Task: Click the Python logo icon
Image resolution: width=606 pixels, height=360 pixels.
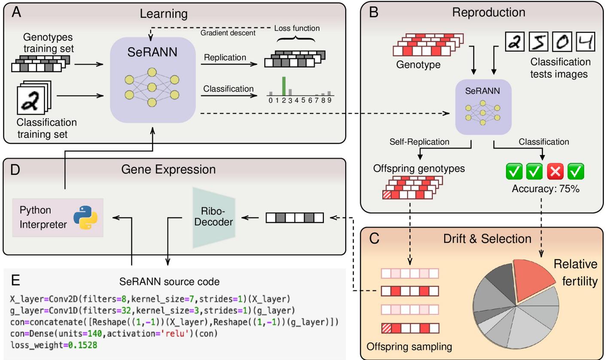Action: coord(85,217)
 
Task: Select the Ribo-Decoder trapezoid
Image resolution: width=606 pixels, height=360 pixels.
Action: coord(214,217)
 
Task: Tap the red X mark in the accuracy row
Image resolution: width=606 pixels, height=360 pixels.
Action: coord(555,172)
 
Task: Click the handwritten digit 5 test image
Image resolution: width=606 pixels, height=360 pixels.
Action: coord(539,43)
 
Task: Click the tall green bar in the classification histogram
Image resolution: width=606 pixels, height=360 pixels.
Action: coord(283,86)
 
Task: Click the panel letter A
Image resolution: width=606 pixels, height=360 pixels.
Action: coord(16,12)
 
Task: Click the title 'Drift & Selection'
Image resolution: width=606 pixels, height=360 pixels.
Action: coord(487,238)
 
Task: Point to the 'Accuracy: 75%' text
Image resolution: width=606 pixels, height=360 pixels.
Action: coord(545,188)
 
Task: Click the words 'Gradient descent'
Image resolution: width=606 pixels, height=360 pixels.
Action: coord(228,33)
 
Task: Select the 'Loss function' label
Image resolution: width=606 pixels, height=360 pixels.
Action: coord(297,28)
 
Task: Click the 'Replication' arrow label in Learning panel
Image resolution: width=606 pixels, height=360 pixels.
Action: coord(225,58)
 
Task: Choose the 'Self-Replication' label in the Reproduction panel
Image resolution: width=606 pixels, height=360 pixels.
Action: coord(419,141)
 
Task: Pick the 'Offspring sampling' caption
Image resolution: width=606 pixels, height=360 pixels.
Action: coord(409,346)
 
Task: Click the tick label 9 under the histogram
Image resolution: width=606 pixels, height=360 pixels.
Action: coord(329,101)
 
